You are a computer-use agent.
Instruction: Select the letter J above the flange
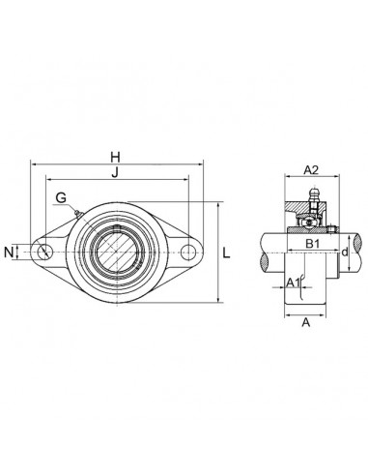click(115, 174)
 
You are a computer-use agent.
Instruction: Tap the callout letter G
click(60, 198)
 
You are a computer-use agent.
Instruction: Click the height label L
click(226, 253)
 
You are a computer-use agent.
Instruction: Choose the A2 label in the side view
click(311, 169)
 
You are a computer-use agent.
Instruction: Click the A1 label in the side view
click(292, 282)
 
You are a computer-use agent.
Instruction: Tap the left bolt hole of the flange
click(45, 253)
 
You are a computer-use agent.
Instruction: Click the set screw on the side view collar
click(328, 230)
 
